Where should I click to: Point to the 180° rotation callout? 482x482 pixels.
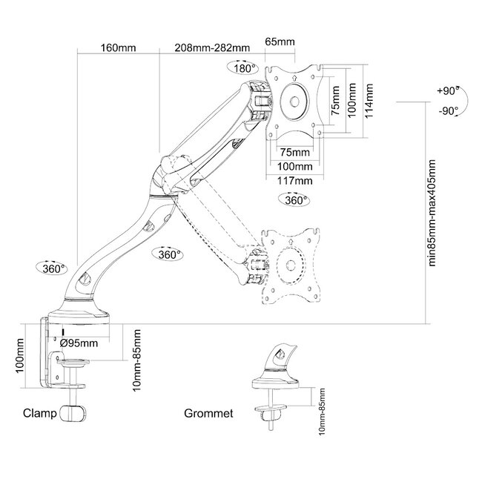pyautogui.click(x=244, y=67)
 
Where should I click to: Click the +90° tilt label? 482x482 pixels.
pyautogui.click(x=447, y=91)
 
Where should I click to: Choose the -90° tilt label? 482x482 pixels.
pyautogui.click(x=447, y=110)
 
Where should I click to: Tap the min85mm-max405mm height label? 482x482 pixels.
pyautogui.click(x=435, y=215)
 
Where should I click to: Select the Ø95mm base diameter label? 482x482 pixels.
pyautogui.click(x=79, y=343)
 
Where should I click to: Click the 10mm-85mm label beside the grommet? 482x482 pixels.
pyautogui.click(x=321, y=412)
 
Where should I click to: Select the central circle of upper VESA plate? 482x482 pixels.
pyautogui.click(x=296, y=102)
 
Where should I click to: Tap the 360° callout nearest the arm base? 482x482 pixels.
pyautogui.click(x=53, y=268)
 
